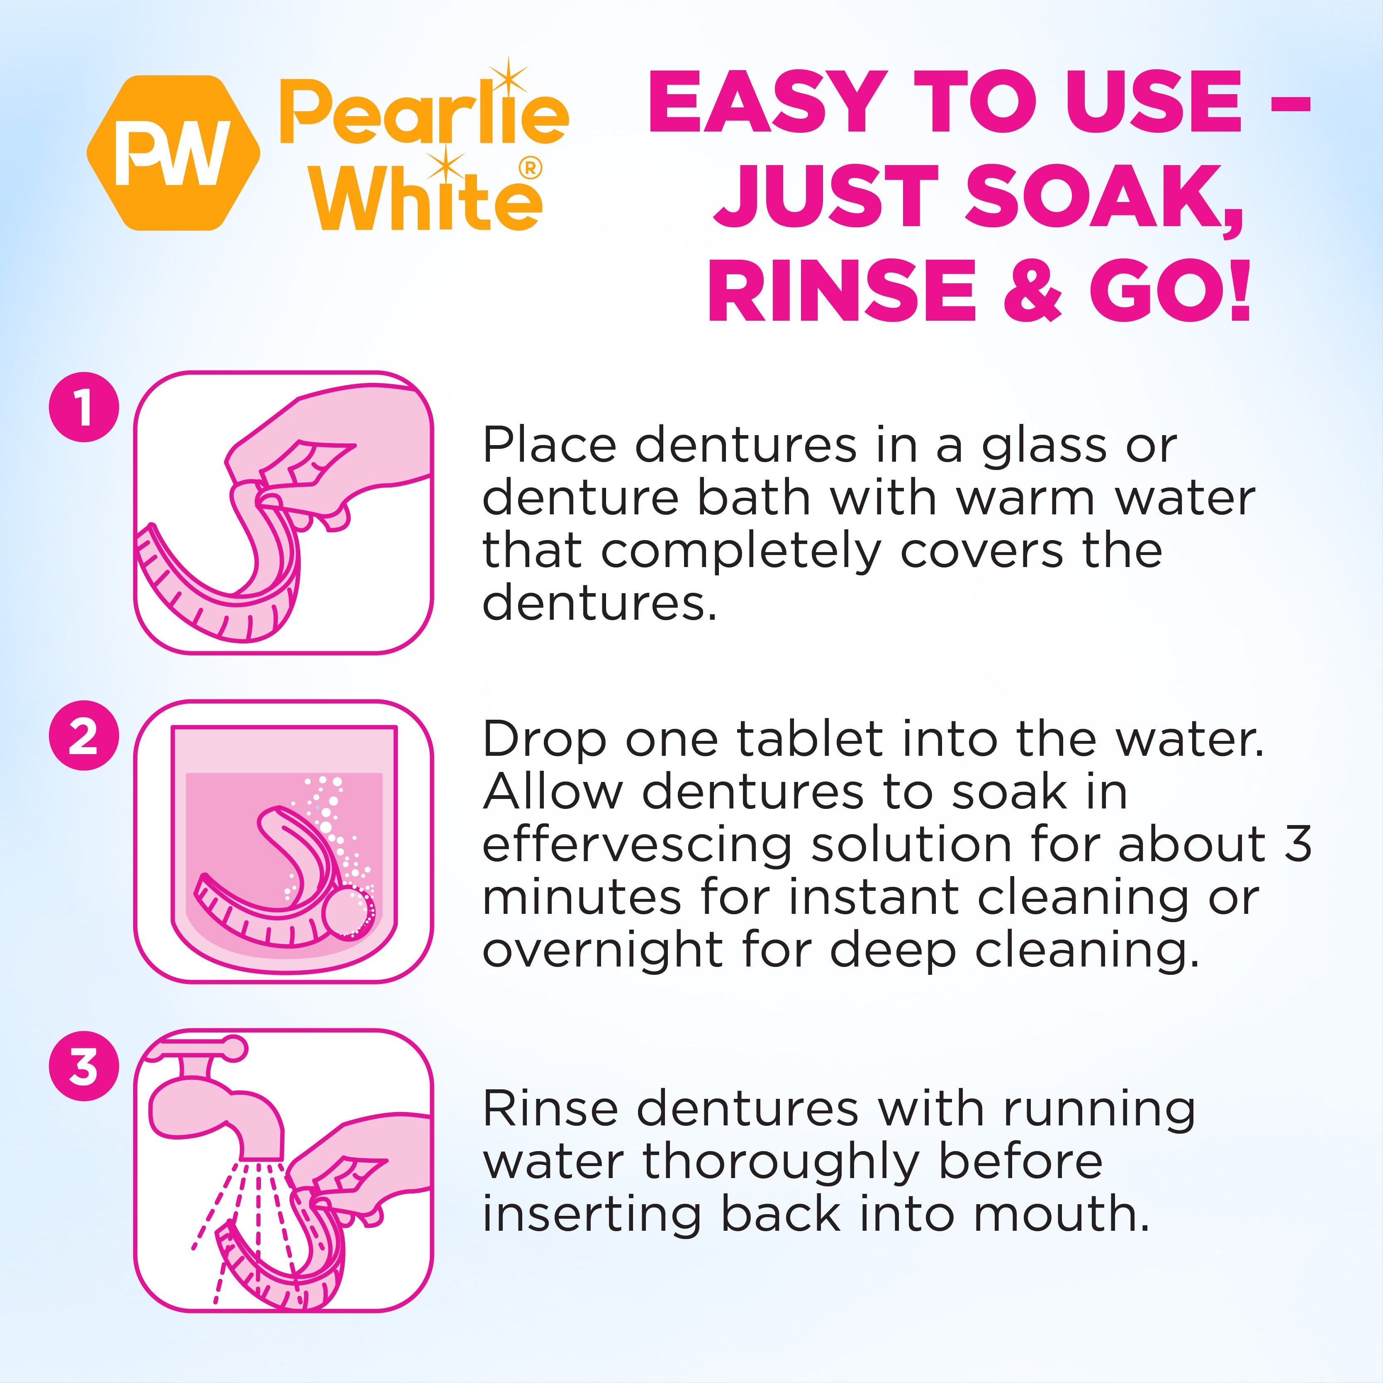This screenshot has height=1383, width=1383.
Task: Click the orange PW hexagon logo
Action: [173, 153]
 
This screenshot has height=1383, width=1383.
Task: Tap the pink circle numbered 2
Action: [84, 735]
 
